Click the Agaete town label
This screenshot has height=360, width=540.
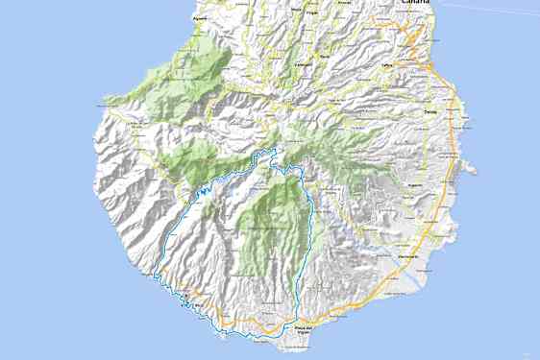pyautogui.click(x=200, y=17)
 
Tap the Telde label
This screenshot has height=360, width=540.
pyautogui.click(x=429, y=111)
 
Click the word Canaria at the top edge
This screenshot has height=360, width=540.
pyautogui.click(x=415, y=3)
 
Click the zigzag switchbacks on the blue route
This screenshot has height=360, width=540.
pyautogui.click(x=204, y=192)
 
